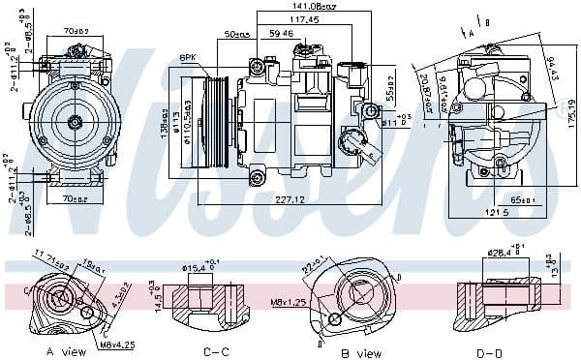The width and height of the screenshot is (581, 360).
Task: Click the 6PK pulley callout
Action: pyautogui.click(x=187, y=57)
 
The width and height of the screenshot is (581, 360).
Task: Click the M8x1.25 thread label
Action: pyautogui.click(x=262, y=302)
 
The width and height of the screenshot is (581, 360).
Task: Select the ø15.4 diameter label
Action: pyautogui.click(x=196, y=266)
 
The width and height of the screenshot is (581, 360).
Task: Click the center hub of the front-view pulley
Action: pyautogui.click(x=75, y=121)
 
